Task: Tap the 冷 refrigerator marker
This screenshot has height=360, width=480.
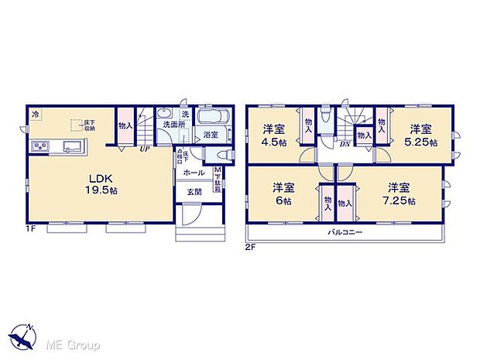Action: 34,114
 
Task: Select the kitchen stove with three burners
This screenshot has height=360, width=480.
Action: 40,147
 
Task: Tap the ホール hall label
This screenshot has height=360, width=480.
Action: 194,173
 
